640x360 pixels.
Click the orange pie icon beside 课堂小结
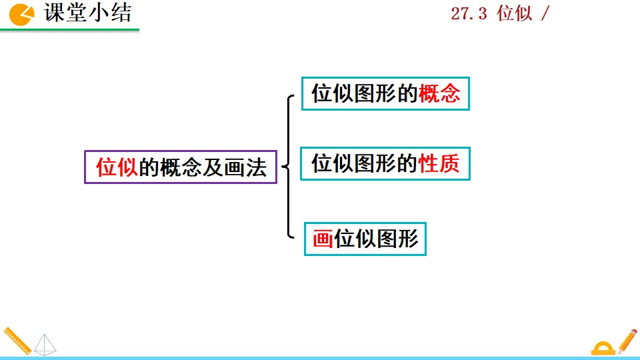pyautogui.click(x=21, y=14)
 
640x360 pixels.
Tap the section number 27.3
pyautogui.click(x=469, y=14)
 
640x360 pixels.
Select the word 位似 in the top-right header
pyautogui.click(x=515, y=14)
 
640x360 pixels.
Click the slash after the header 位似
pyautogui.click(x=545, y=14)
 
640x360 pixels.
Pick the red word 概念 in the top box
pyautogui.click(x=439, y=94)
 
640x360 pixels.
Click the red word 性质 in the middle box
pyautogui.click(x=439, y=163)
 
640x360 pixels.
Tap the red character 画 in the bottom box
pyautogui.click(x=323, y=239)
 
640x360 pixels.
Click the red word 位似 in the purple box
pyautogui.click(x=117, y=167)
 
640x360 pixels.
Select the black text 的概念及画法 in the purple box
pyautogui.click(x=203, y=167)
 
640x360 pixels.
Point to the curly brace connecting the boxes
pyautogui.click(x=289, y=167)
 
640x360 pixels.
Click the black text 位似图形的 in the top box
pyautogui.click(x=365, y=94)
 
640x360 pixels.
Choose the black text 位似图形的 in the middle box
pyautogui.click(x=365, y=163)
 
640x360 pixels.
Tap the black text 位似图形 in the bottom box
pyautogui.click(x=376, y=239)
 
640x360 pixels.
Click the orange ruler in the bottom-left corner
pyautogui.click(x=16, y=340)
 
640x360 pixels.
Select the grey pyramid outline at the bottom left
pyautogui.click(x=45, y=344)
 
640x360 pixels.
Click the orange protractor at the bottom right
pyautogui.click(x=603, y=347)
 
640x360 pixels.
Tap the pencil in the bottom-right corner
pyautogui.click(x=627, y=340)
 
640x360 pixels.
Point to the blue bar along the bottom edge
pyautogui.click(x=320, y=357)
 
